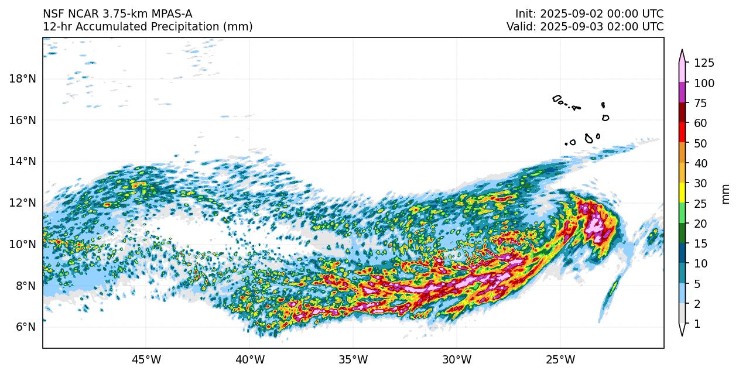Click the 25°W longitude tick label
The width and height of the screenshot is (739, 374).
(560, 359)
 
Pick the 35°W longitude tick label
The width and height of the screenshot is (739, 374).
(353, 359)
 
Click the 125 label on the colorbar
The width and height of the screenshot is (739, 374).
(703, 63)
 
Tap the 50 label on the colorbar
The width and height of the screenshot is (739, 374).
(700, 143)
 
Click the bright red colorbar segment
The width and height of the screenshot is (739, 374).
(682, 133)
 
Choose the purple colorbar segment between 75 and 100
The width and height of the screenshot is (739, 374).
(682, 93)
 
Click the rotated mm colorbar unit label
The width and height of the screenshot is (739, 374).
(726, 194)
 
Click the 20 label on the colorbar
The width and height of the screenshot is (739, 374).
(700, 224)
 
